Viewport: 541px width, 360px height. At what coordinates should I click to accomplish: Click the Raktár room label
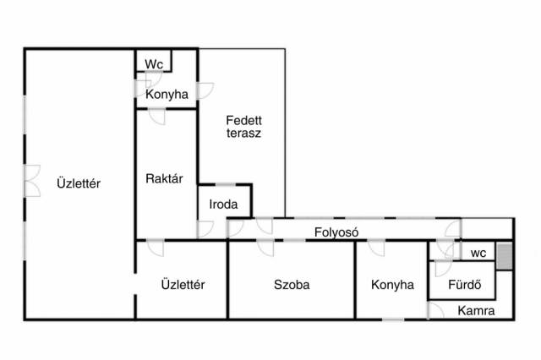[x=165, y=179]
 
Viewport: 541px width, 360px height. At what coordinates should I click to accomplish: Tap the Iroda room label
[x=224, y=205]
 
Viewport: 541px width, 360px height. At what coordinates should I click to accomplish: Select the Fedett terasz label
[x=243, y=128]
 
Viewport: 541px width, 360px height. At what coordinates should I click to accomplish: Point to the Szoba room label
[x=292, y=285]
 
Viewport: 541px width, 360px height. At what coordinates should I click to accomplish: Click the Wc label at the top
[x=154, y=64]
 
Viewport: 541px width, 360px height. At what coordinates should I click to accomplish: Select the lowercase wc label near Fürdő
[x=478, y=253]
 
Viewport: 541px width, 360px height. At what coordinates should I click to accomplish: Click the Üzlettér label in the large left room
[x=79, y=183]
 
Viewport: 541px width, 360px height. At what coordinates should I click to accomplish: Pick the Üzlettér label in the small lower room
[x=183, y=285]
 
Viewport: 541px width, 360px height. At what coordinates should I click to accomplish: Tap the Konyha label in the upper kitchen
[x=167, y=95]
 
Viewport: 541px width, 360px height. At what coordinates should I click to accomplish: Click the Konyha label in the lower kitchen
[x=392, y=285]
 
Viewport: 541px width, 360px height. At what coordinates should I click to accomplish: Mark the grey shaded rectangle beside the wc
[x=504, y=255]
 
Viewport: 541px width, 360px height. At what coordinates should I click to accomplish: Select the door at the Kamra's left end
[x=434, y=310]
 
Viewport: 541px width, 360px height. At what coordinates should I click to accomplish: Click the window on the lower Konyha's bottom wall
[x=393, y=319]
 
